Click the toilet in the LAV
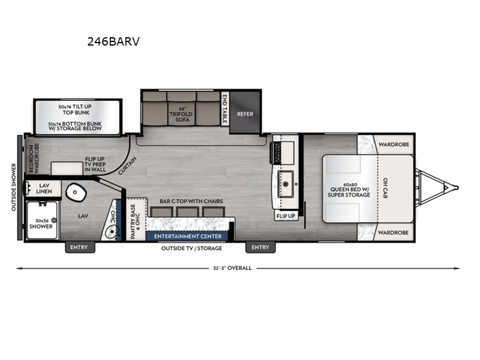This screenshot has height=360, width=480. [x=76, y=191]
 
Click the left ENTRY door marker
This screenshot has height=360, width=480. [x=79, y=247]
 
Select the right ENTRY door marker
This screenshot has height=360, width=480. [x=260, y=247]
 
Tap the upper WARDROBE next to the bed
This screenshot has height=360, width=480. [x=393, y=144]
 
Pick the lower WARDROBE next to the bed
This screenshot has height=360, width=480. [x=393, y=232]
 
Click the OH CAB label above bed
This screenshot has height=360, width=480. [x=385, y=188]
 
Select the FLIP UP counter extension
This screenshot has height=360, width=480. [x=285, y=215]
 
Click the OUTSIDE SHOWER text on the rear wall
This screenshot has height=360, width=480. [x=14, y=187]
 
